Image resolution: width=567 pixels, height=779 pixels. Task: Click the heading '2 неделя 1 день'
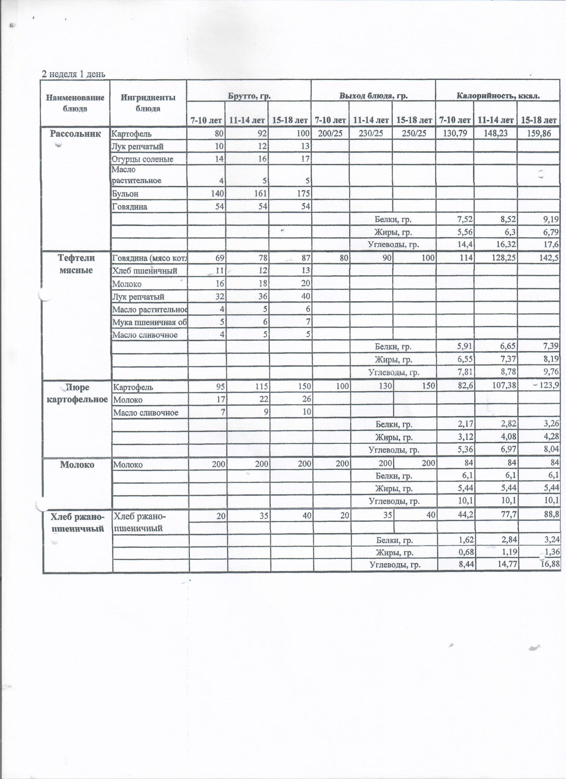click(73, 74)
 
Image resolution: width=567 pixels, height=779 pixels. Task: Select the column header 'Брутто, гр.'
click(249, 96)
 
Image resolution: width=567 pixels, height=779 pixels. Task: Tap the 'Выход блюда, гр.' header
click(374, 96)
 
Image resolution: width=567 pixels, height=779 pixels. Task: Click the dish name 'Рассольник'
click(75, 134)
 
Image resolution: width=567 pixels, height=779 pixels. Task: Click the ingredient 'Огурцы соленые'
click(142, 159)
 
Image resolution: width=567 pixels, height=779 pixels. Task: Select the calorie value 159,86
click(539, 134)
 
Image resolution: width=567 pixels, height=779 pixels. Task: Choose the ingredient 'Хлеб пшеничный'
click(145, 271)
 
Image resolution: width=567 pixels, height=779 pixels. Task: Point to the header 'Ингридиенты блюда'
click(148, 103)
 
